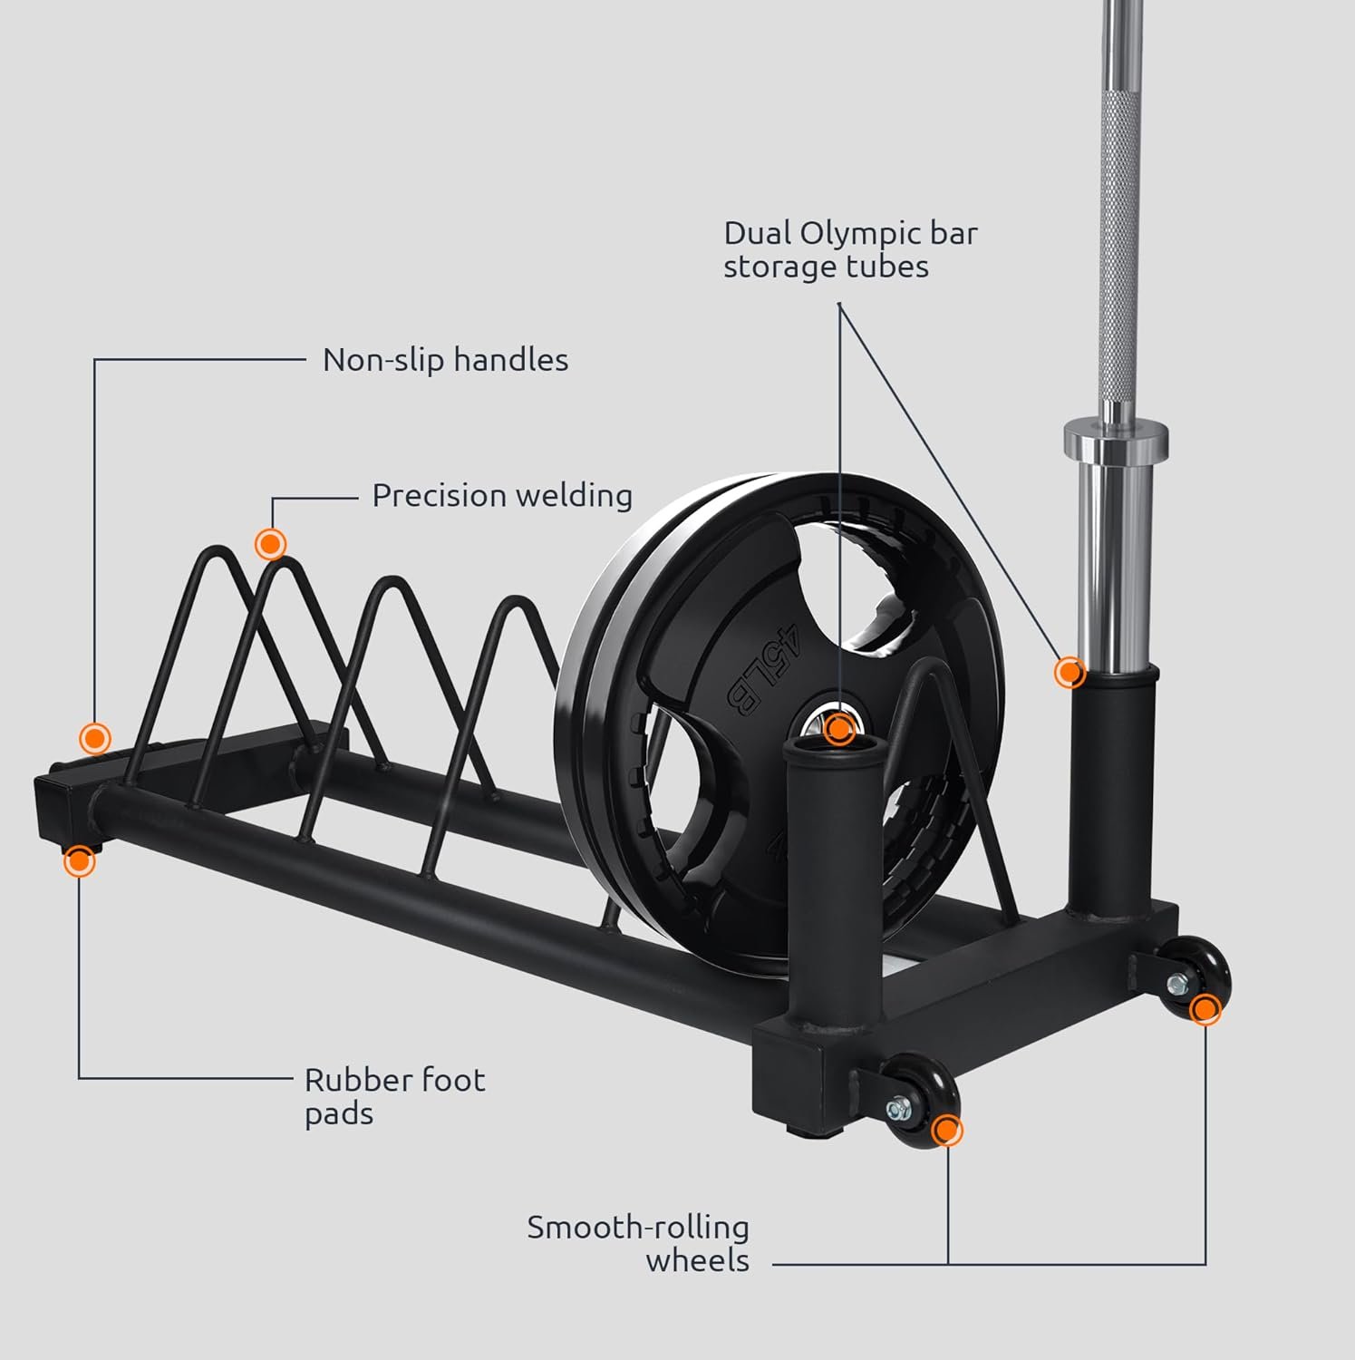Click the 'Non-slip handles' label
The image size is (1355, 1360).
pyautogui.click(x=445, y=360)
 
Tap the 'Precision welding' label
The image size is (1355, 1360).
pyautogui.click(x=502, y=496)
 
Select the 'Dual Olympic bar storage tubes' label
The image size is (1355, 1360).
pyautogui.click(x=849, y=250)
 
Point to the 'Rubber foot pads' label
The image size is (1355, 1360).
pyautogui.click(x=394, y=1096)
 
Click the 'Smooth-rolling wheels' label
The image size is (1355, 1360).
pyautogui.click(x=639, y=1244)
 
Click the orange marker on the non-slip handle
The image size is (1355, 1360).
pyautogui.click(x=94, y=738)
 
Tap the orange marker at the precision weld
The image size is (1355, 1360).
pyautogui.click(x=270, y=544)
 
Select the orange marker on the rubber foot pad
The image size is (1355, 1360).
pyautogui.click(x=80, y=860)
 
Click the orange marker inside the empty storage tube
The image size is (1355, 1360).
pyautogui.click(x=840, y=728)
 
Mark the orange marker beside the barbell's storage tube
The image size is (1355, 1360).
pyautogui.click(x=1070, y=673)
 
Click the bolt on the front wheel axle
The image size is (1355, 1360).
pyautogui.click(x=901, y=1108)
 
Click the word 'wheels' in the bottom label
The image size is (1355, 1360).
pyautogui.click(x=697, y=1261)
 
